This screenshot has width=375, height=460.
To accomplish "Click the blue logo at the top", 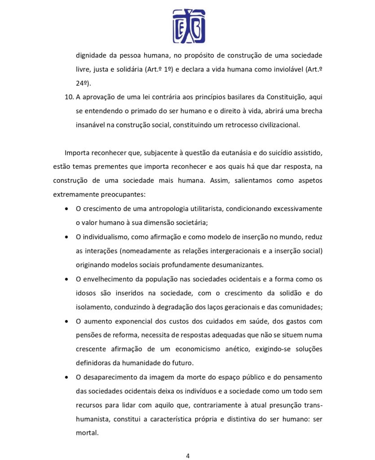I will pos(189,26).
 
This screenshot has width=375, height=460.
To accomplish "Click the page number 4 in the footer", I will pos(188,456).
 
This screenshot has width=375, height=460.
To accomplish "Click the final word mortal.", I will pos(87,433).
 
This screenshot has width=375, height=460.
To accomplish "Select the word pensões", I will pos(88,335).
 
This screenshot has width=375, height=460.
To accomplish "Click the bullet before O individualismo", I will pos(66,237).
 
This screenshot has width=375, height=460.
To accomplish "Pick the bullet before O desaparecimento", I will pos(66,377).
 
